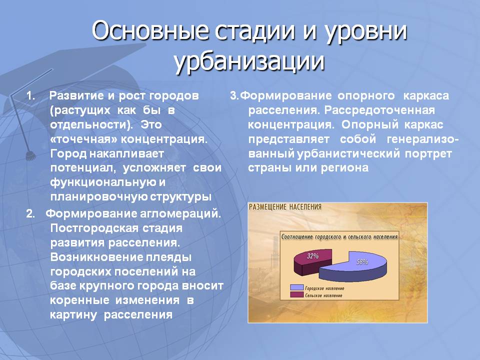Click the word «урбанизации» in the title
[x=249, y=61]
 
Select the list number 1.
[x=30, y=96]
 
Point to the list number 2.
[x=30, y=213]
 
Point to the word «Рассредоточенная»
[x=379, y=110]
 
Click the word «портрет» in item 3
[x=428, y=154]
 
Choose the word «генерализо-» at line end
[x=423, y=139]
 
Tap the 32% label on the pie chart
[x=313, y=256]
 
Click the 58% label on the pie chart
[x=362, y=261]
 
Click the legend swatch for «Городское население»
[x=296, y=288]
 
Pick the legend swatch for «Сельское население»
[x=296, y=295]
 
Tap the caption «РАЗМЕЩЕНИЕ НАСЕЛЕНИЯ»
[x=285, y=207]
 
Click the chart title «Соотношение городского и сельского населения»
[x=339, y=236]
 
